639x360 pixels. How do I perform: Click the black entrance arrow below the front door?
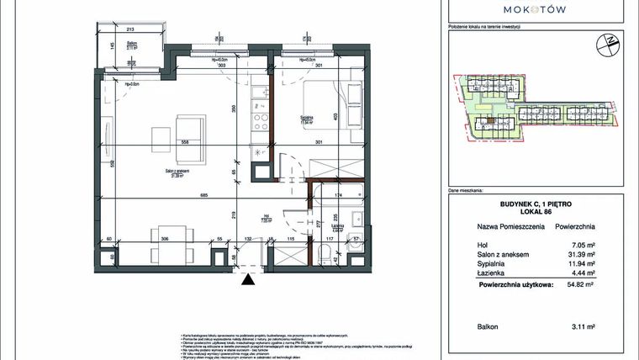[246, 283]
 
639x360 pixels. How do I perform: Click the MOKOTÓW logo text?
[534, 9]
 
